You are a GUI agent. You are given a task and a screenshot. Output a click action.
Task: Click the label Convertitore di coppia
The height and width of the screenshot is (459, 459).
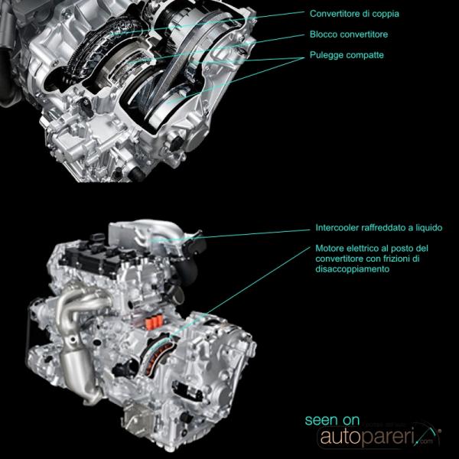[x=354, y=14]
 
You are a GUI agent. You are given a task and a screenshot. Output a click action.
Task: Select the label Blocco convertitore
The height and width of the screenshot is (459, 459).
[x=349, y=34]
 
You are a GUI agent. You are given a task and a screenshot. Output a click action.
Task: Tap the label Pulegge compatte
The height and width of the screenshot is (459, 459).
[x=347, y=55]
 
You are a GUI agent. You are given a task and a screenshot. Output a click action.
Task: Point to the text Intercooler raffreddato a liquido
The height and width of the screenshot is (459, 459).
[x=379, y=228]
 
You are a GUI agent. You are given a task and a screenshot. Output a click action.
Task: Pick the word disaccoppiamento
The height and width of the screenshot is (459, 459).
[x=352, y=269]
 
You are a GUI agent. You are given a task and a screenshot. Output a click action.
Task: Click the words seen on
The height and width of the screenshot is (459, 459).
[x=332, y=420]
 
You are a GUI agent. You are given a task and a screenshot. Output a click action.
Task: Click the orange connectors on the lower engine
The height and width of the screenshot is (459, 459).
[x=154, y=323]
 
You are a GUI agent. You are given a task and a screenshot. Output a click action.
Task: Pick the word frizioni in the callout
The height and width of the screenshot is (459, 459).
[x=396, y=259]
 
